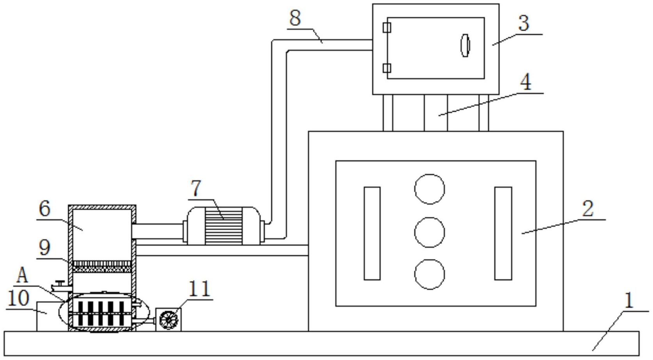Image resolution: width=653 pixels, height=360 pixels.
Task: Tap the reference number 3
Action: (523, 23)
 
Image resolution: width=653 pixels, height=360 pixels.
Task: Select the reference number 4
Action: (525, 82)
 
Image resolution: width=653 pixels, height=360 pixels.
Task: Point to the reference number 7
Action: (196, 188)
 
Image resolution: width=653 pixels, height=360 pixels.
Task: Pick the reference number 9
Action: (44, 248)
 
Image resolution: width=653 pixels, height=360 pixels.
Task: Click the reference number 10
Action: (18, 298)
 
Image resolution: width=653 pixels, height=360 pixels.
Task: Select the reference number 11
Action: (199, 289)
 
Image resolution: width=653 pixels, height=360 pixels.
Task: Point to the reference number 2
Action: (588, 209)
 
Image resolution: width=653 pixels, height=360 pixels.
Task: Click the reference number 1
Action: (630, 301)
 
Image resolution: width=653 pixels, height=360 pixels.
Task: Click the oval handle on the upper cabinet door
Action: (465, 46)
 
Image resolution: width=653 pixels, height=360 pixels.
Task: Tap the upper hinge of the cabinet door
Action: (387, 28)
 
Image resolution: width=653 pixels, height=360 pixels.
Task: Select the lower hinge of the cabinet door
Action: (387, 68)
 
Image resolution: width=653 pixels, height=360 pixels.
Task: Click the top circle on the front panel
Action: (429, 189)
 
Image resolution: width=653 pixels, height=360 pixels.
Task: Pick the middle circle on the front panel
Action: (429, 232)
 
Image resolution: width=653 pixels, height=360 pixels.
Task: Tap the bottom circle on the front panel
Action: (429, 274)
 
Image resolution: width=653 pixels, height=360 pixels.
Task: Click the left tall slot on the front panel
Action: (372, 234)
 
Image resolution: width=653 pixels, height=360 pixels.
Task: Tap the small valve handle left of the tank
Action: (60, 283)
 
